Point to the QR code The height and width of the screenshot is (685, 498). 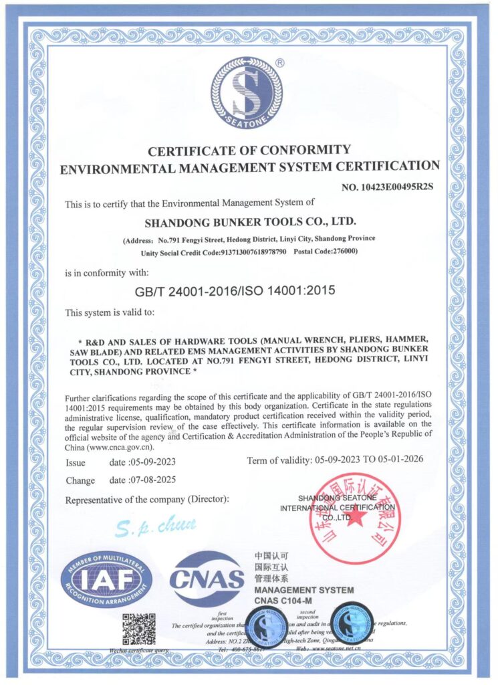139,629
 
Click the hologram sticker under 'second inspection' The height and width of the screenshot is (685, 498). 352,624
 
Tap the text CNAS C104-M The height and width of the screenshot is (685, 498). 288,601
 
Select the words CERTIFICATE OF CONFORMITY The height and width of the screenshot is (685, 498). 249,149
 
